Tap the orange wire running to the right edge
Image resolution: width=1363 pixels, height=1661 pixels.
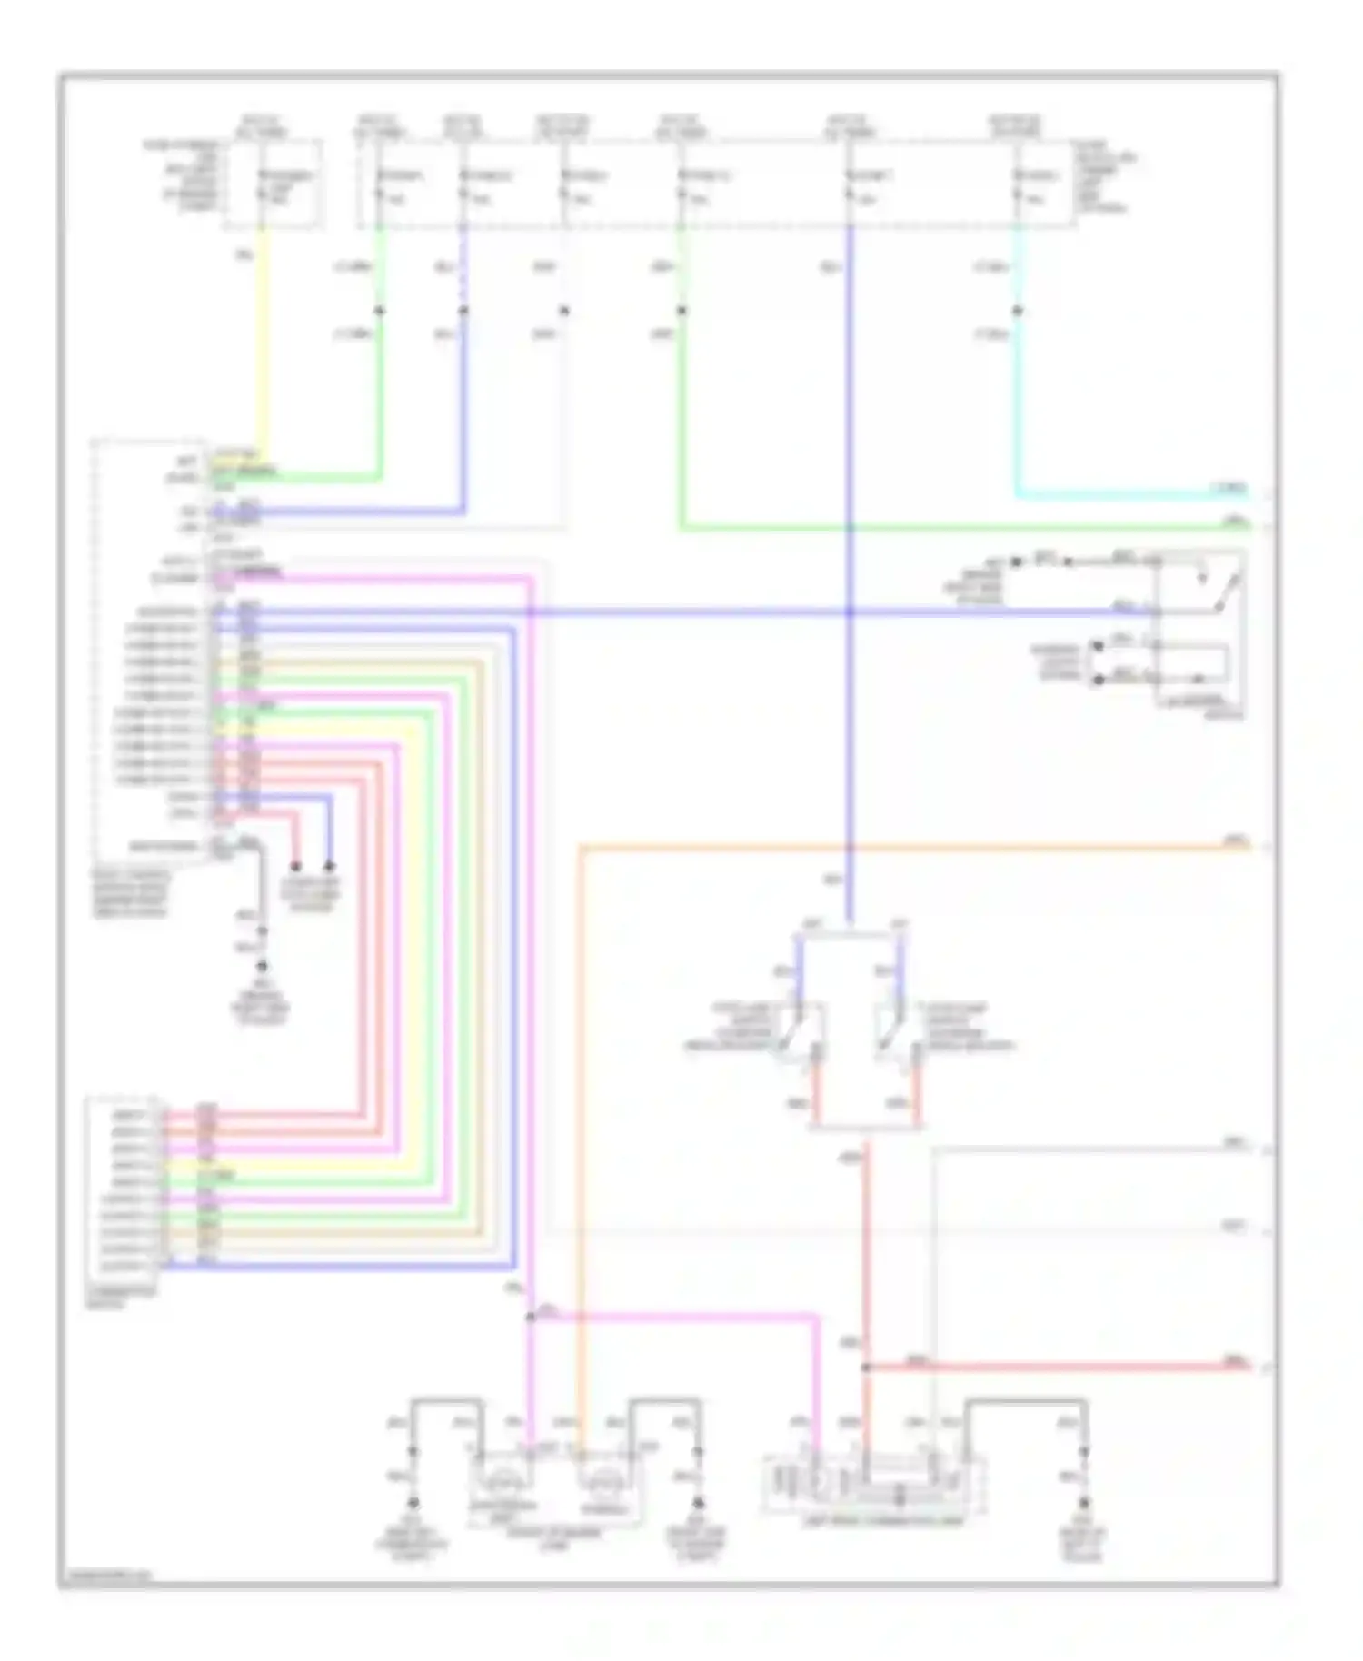tap(909, 849)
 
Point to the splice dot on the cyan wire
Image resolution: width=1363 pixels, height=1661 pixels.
tap(1017, 312)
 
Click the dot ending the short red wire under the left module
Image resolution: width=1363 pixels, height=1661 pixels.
tap(295, 867)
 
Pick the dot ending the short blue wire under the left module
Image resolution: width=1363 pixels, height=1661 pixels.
tap(329, 867)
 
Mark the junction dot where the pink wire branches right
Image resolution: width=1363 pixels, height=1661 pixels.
tap(531, 1317)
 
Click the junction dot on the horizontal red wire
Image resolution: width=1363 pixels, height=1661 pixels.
tap(866, 1367)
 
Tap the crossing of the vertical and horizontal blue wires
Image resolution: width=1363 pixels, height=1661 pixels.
tap(849, 612)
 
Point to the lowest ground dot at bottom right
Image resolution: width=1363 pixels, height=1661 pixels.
tap(1083, 1504)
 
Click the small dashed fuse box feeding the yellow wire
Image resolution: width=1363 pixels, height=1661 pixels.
tap(273, 182)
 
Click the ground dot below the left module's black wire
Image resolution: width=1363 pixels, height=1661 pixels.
tap(263, 966)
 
